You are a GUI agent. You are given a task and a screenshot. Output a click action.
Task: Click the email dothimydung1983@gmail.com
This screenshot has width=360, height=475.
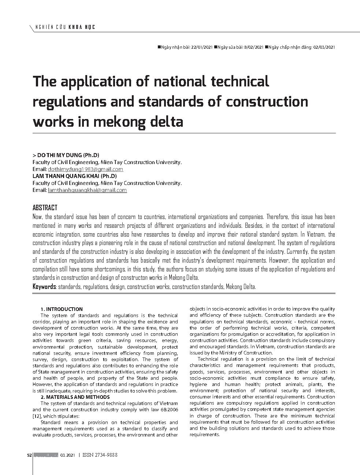click(85, 169)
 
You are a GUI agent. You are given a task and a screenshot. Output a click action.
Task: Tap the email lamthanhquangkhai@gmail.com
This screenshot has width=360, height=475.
click(87, 190)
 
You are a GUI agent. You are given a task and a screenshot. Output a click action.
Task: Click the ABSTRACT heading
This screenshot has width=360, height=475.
click(45, 208)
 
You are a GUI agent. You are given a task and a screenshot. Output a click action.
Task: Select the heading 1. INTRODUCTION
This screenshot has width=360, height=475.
click(62, 309)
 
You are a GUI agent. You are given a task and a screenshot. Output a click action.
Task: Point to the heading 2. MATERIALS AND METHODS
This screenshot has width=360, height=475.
click(75, 397)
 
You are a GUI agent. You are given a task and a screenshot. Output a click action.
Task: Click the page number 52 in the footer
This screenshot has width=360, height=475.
click(29, 455)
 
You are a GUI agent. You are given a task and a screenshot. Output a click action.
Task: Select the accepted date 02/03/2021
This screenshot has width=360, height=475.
click(324, 47)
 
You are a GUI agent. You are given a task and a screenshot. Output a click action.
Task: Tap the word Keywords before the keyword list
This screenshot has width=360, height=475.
click(44, 287)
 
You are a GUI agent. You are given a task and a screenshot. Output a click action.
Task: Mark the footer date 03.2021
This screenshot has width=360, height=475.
click(67, 455)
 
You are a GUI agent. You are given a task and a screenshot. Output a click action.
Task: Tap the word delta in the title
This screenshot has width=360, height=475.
click(166, 122)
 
